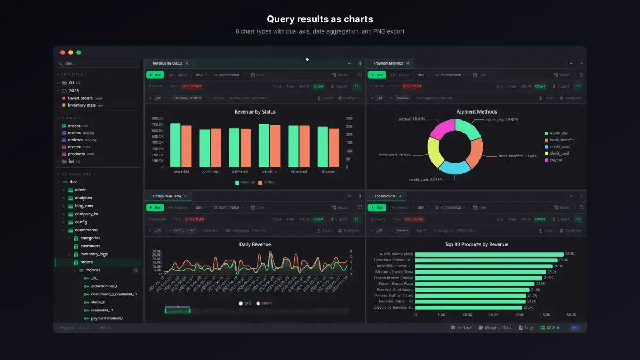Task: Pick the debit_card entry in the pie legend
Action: tap(559, 153)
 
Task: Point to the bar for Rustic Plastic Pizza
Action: tap(489, 254)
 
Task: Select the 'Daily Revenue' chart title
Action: tap(255, 244)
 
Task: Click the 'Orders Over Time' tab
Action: tap(166, 196)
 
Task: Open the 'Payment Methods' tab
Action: tap(388, 63)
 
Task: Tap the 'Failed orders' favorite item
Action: tap(80, 98)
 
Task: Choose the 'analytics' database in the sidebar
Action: tap(83, 198)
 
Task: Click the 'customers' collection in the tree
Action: tap(90, 246)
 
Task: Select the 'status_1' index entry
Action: tap(98, 302)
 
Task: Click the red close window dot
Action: tap(62, 52)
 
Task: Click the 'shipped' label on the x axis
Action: tap(329, 171)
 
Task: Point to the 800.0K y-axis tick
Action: tap(157, 118)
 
